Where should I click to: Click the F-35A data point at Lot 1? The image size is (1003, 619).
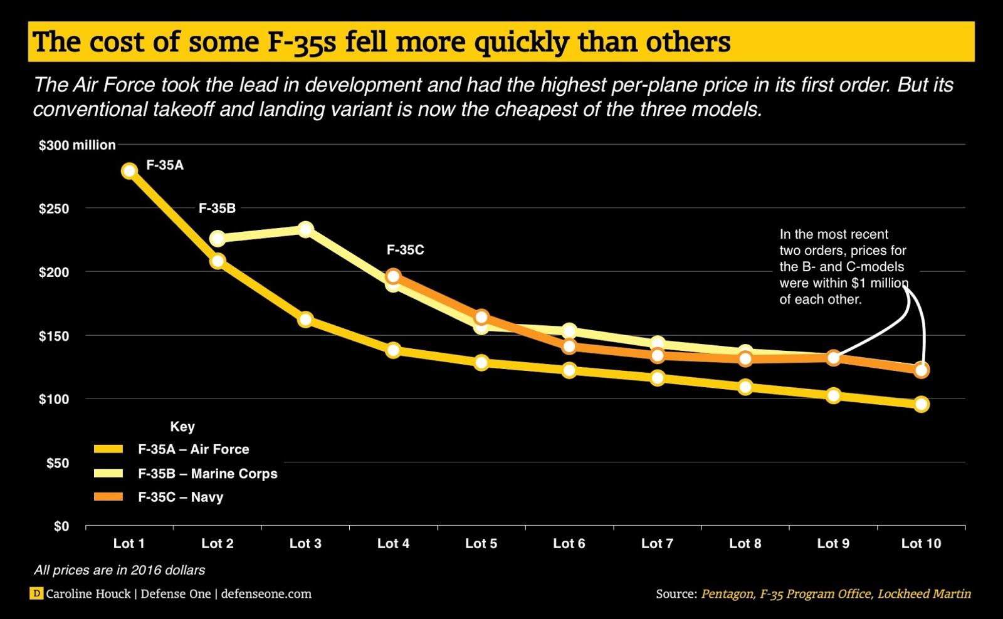click(129, 171)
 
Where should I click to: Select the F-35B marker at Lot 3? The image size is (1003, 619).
click(305, 229)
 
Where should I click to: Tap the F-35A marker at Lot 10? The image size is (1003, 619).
click(921, 404)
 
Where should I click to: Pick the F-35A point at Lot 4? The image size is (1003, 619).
click(393, 350)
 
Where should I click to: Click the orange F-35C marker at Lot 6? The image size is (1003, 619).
click(569, 346)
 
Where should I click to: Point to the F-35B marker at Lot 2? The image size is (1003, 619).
click(218, 238)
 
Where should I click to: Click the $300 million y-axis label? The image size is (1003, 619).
click(76, 145)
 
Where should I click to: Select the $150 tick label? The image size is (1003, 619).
click(54, 336)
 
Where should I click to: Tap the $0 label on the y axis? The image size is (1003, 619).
click(61, 526)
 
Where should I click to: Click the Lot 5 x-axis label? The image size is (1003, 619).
click(481, 544)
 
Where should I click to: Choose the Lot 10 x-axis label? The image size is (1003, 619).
click(921, 544)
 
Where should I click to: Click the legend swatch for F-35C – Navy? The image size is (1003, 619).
click(108, 497)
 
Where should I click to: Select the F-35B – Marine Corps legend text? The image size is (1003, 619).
click(207, 474)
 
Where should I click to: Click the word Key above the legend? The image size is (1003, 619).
click(182, 427)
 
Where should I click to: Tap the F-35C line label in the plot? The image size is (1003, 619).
click(405, 250)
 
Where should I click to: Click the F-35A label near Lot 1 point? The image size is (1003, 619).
click(165, 165)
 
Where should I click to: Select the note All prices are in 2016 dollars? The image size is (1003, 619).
click(119, 570)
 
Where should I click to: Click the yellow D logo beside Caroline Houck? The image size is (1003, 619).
click(36, 593)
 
